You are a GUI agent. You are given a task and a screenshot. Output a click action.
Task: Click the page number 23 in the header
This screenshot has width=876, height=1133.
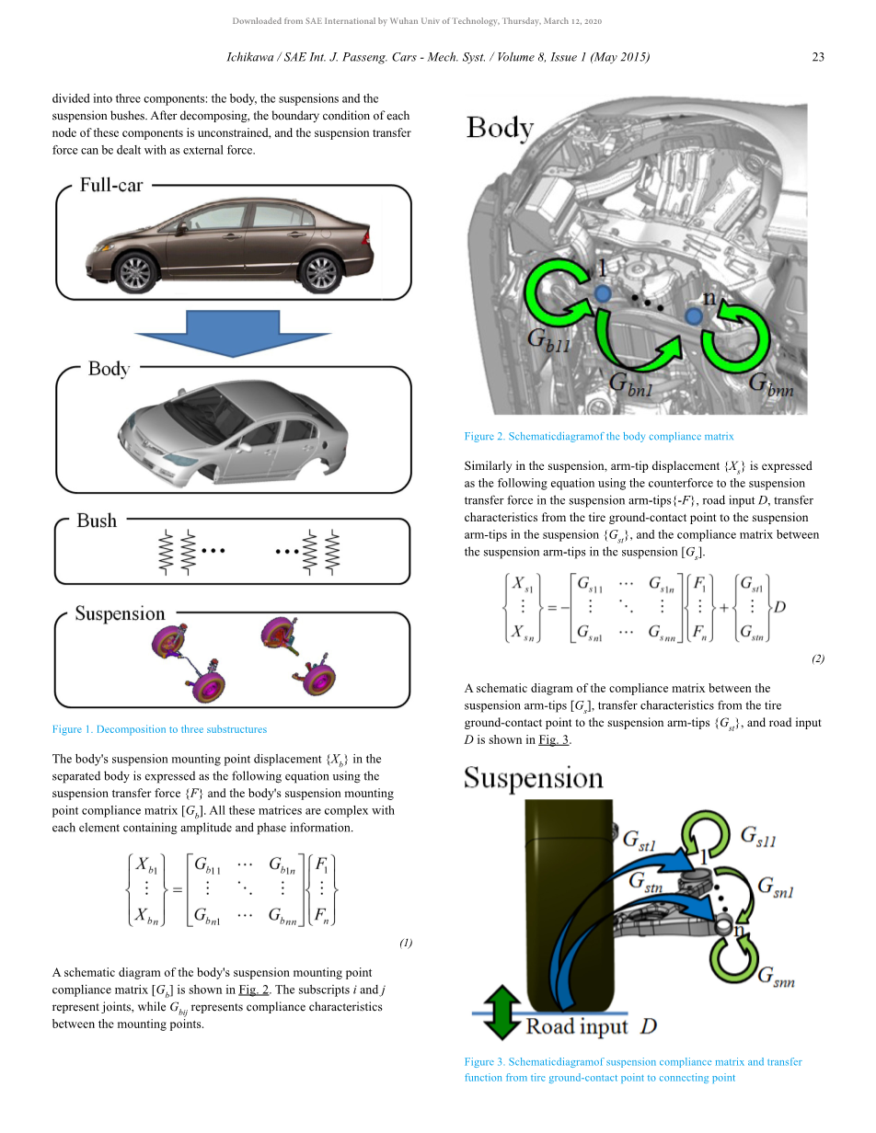click(817, 57)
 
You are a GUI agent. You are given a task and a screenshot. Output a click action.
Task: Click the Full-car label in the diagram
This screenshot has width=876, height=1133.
click(111, 185)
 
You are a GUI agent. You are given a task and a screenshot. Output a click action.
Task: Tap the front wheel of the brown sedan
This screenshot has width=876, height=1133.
click(134, 272)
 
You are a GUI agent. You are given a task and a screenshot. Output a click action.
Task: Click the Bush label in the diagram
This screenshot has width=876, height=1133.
click(97, 521)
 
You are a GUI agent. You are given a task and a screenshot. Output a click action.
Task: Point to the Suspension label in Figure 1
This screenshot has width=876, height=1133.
click(120, 613)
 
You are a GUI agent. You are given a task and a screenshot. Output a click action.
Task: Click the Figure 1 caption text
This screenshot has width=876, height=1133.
click(159, 729)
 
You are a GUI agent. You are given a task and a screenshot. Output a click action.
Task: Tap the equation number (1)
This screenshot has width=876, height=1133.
click(406, 943)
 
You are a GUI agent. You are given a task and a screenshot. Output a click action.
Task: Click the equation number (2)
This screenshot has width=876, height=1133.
click(818, 658)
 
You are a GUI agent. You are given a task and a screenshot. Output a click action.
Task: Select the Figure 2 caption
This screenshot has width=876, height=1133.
click(599, 436)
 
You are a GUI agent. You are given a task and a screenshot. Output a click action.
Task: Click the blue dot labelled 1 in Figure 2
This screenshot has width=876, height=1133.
click(602, 292)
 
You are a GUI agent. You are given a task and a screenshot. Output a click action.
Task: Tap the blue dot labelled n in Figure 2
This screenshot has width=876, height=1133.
click(695, 315)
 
